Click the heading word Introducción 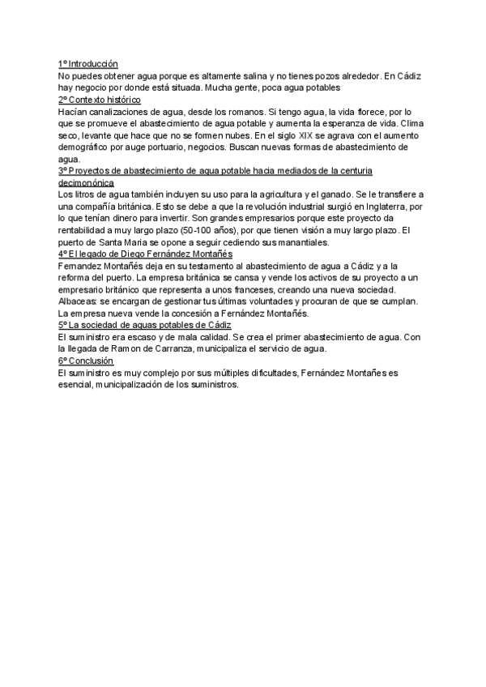click(93, 64)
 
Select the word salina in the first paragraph click(279, 76)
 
